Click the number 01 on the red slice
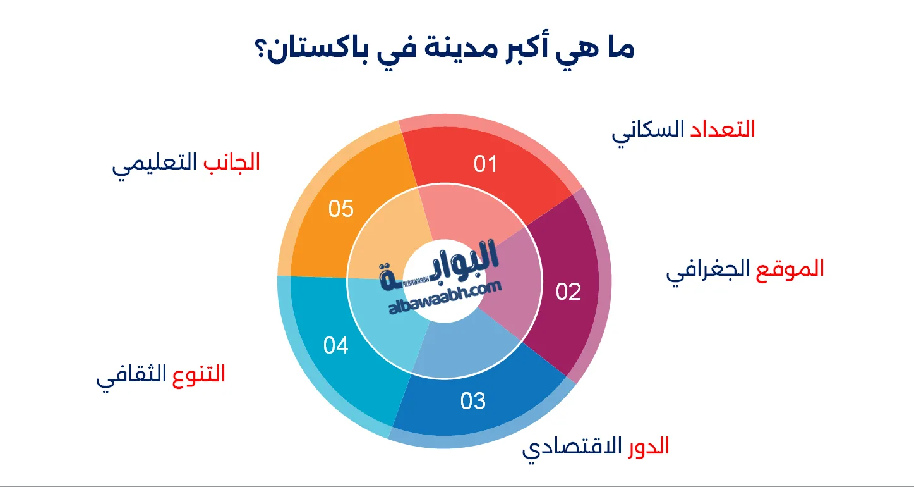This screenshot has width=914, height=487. pyautogui.click(x=485, y=164)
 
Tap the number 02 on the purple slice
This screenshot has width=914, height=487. pyautogui.click(x=568, y=292)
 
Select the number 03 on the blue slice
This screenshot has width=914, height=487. pyautogui.click(x=473, y=401)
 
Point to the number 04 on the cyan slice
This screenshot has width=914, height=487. pyautogui.click(x=336, y=345)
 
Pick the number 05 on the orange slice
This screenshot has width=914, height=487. pyautogui.click(x=340, y=208)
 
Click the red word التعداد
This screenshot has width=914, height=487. pyautogui.click(x=723, y=128)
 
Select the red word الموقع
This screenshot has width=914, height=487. pyautogui.click(x=790, y=269)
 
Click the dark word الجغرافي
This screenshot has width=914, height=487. pyautogui.click(x=708, y=271)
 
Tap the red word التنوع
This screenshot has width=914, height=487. pyautogui.click(x=199, y=374)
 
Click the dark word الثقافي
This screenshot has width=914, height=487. pyautogui.click(x=131, y=376)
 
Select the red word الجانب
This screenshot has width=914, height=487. pyautogui.click(x=232, y=162)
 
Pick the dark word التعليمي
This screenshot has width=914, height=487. pyautogui.click(x=155, y=164)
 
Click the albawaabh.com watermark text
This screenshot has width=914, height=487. pyautogui.click(x=445, y=297)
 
